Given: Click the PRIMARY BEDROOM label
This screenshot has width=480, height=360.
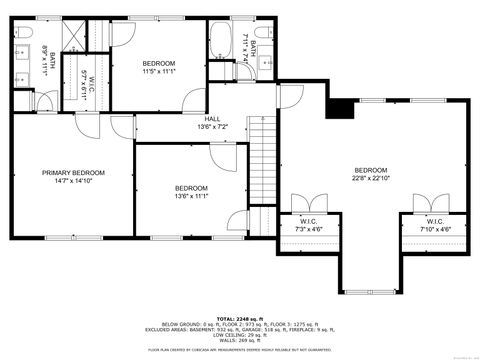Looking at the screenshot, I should pyautogui.click(x=73, y=172).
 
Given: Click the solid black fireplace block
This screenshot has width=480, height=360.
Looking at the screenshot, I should pyautogui.click(x=341, y=108).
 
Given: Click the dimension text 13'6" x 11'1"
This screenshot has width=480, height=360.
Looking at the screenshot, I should pyautogui.click(x=191, y=197).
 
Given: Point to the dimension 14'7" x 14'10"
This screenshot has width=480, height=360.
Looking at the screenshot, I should pyautogui.click(x=73, y=181).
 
